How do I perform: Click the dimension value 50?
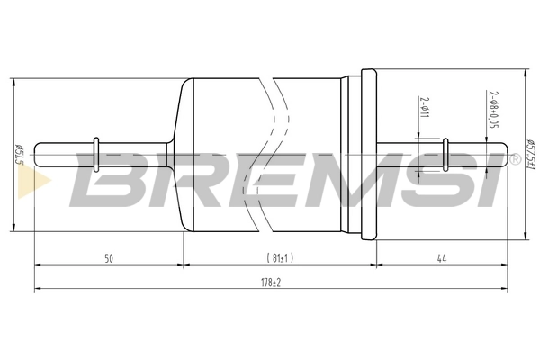pos(108,259)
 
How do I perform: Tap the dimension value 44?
pos(442,259)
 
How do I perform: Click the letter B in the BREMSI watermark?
pos(109,178)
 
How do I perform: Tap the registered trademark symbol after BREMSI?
pos(515,159)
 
